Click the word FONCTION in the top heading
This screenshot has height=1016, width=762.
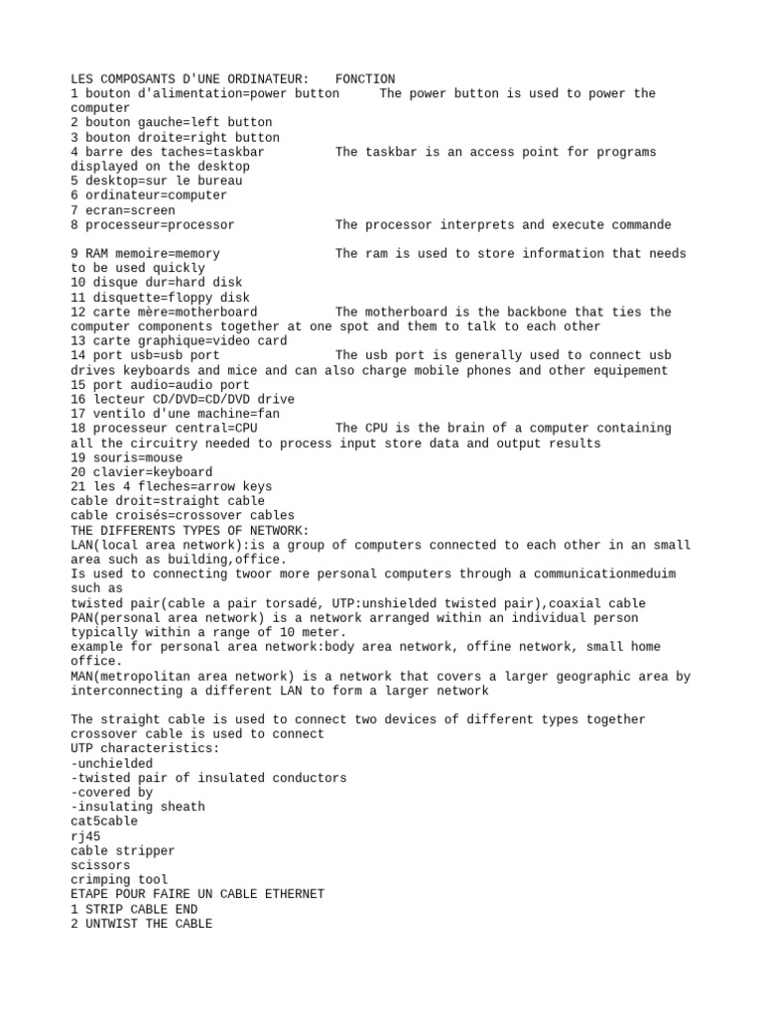pyautogui.click(x=365, y=79)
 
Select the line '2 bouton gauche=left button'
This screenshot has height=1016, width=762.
pyautogui.click(x=171, y=123)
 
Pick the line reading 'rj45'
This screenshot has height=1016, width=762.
pyautogui.click(x=86, y=836)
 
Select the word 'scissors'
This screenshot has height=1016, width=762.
pyautogui.click(x=101, y=865)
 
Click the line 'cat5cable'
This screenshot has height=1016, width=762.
pyautogui.click(x=104, y=822)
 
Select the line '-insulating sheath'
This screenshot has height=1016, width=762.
pyautogui.click(x=138, y=807)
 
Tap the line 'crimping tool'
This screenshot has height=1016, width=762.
pyautogui.click(x=119, y=880)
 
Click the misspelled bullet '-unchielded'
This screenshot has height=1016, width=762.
pyautogui.click(x=112, y=764)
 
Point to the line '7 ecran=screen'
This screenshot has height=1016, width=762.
pyautogui.click(x=123, y=210)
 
